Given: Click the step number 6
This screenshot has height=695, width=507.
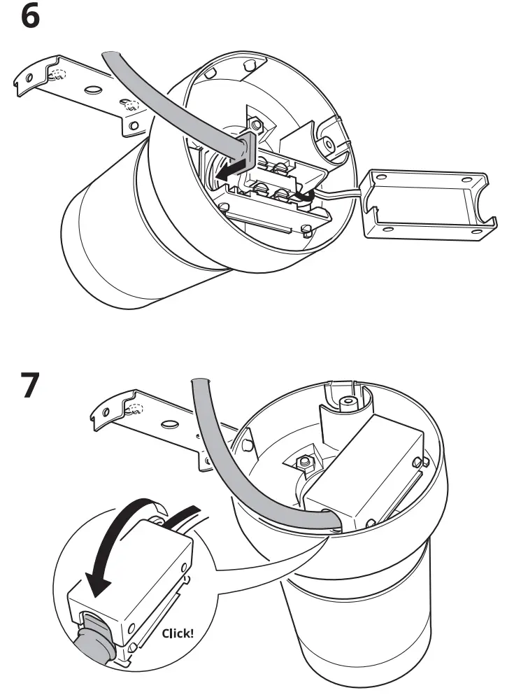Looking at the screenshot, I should pos(31,16).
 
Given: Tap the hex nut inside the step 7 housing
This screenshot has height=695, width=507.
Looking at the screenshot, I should pos(305,463).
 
